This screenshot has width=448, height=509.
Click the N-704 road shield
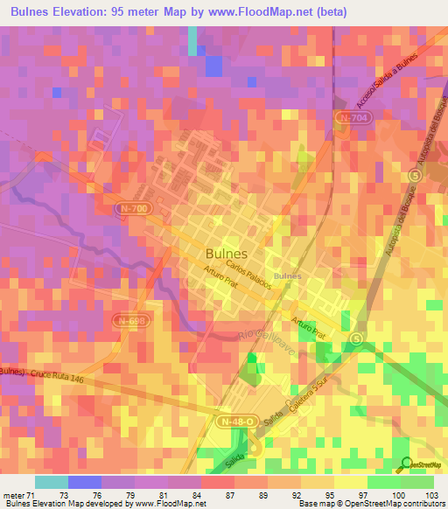[352, 117]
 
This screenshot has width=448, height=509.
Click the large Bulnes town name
[226, 253]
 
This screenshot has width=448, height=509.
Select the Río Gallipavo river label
[267, 339]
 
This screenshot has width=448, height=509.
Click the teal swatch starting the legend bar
[51, 482]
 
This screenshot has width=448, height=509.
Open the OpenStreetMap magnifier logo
[405, 464]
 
